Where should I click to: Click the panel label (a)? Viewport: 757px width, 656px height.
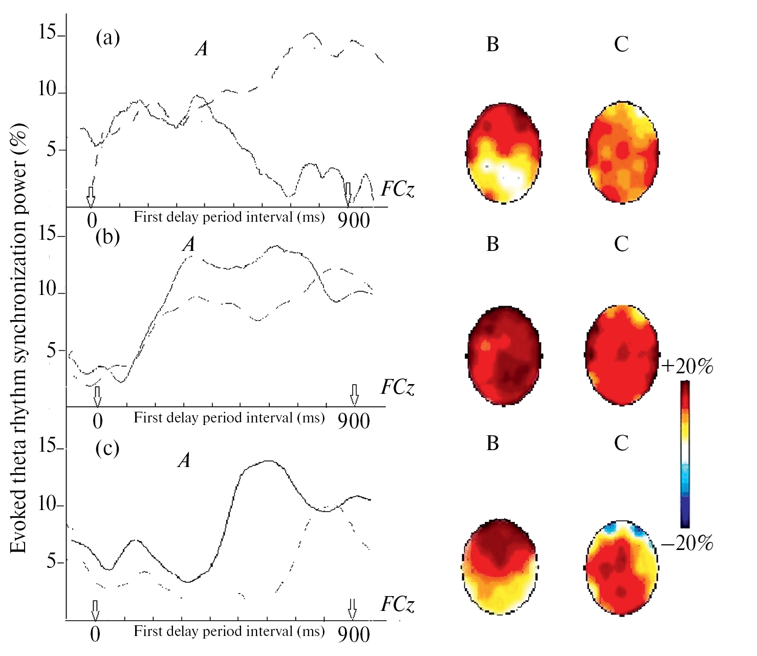[107, 38]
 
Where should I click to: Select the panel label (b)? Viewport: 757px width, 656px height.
[107, 237]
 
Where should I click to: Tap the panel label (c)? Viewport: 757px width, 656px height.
[107, 449]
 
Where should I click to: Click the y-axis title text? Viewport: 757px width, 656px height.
[18, 338]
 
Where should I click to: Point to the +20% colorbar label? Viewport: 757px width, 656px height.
[687, 366]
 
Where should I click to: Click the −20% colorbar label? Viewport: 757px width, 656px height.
[687, 543]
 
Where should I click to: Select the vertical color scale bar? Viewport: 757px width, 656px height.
[685, 455]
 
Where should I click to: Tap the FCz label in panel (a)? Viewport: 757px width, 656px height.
[397, 189]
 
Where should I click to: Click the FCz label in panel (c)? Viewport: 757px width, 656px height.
[397, 605]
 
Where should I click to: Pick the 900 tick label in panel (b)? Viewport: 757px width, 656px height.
[354, 421]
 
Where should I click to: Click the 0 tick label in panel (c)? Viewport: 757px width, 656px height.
[95, 634]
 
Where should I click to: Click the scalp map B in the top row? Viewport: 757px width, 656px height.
[504, 153]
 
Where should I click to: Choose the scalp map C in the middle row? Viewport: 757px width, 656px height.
[622, 355]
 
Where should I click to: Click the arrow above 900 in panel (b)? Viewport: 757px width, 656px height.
[354, 394]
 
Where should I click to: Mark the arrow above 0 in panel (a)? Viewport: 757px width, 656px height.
[91, 196]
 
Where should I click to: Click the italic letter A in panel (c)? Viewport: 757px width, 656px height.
[184, 460]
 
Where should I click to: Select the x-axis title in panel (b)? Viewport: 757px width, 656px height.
[229, 418]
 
